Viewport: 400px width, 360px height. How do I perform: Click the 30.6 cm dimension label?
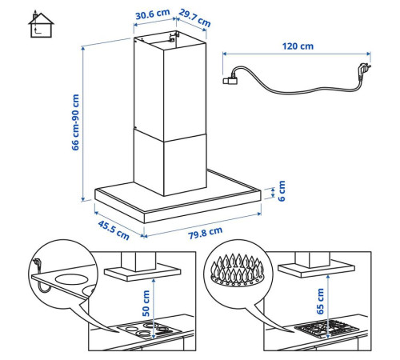pos(153,14)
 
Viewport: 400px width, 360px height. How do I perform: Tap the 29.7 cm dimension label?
pos(194,18)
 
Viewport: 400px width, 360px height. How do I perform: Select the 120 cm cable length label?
pos(298,46)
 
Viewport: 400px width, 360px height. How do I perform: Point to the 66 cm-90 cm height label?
pos(75,122)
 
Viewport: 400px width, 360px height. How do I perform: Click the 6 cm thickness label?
pos(282,191)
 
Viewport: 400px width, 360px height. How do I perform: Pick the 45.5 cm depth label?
pos(114,230)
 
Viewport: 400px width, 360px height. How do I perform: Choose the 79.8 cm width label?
pos(205,234)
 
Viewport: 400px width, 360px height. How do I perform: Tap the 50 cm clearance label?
pos(146,303)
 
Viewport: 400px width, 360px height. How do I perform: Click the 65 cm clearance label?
pos(320,302)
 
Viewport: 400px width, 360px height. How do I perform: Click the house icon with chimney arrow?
pos(41,24)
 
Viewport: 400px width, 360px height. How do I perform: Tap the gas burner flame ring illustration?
pos(238,270)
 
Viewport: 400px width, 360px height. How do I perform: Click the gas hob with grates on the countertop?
pos(327,329)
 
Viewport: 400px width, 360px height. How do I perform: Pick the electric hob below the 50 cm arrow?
pos(150,330)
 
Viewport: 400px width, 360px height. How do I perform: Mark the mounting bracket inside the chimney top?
pos(174,37)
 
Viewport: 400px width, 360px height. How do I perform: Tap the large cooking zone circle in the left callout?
pos(71,279)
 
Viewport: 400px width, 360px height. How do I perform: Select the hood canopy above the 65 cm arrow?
pos(316,270)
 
